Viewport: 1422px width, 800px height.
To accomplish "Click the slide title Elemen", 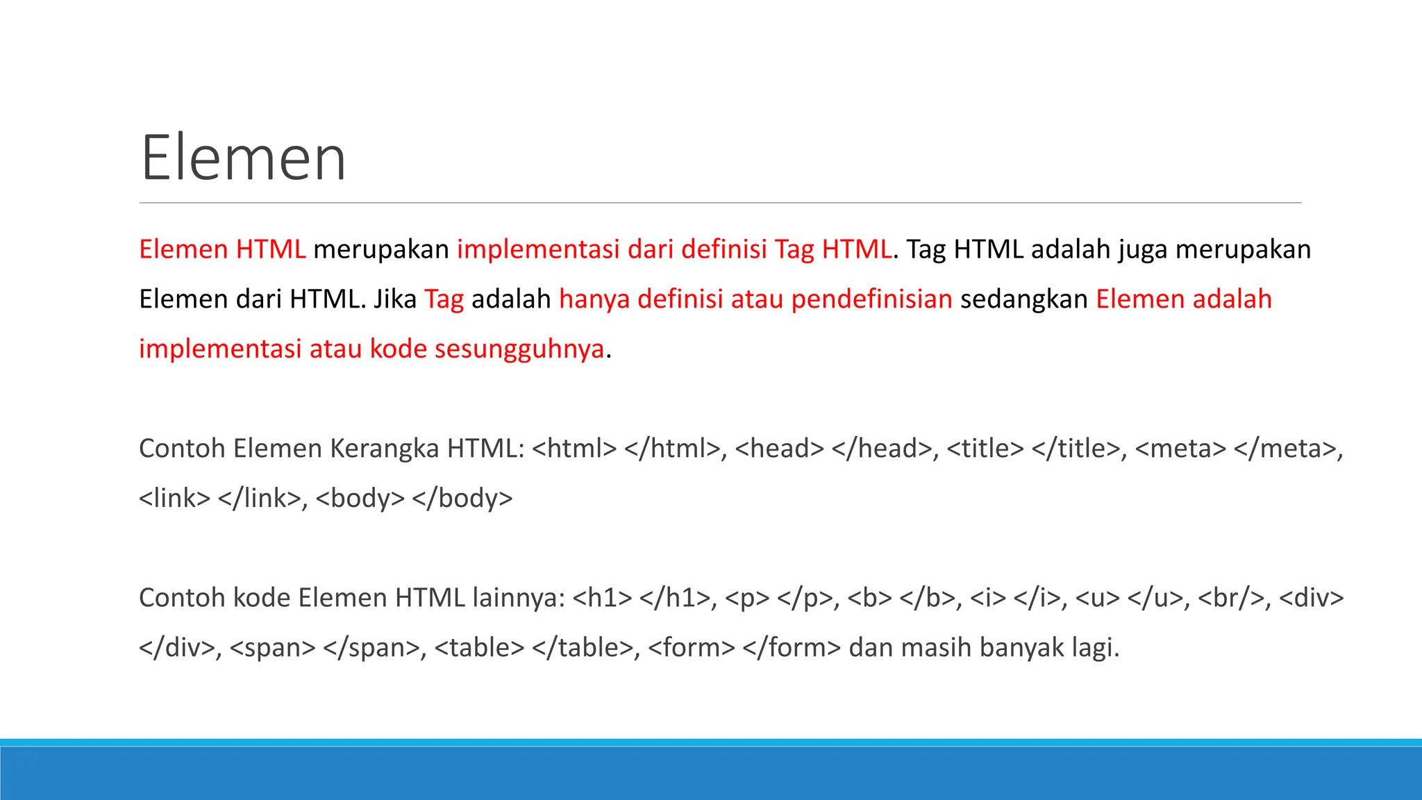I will coord(243,158).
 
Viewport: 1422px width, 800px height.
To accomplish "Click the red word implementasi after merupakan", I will coord(538,249).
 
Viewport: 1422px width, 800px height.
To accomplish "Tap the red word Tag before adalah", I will coord(444,299).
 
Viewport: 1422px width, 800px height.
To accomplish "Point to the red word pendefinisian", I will coord(871,299).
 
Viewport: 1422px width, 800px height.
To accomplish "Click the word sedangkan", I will coord(1023,299).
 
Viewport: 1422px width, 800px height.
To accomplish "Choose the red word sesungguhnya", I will coord(519,349).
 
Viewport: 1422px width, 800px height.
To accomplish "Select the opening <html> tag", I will coord(574,449).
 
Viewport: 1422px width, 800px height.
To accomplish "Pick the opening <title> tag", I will coord(985,449).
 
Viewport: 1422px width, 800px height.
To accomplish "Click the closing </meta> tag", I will coord(1288,449).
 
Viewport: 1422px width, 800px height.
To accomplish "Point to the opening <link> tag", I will coord(174,499).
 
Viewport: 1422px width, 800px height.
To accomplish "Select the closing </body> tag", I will coord(462,499).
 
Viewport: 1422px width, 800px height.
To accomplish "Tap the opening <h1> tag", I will coord(603,598).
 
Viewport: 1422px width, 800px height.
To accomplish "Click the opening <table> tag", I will coord(479,648).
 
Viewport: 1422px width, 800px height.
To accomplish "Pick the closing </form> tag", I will coord(792,648).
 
